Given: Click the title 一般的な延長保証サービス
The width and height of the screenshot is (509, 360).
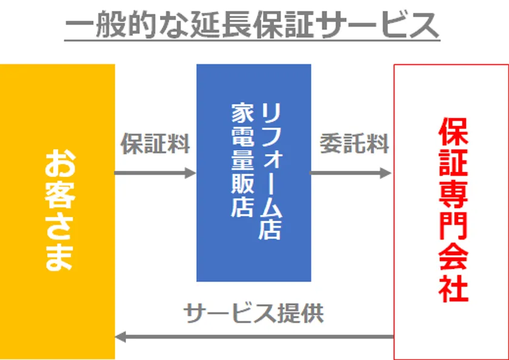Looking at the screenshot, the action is (x=252, y=25).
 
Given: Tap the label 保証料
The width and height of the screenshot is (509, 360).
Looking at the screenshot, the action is (x=155, y=144).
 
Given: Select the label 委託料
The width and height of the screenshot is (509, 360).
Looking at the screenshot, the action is (x=354, y=144).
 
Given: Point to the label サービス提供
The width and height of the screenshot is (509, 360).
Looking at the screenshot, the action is (x=253, y=313).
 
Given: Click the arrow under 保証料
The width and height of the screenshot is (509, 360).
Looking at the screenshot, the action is (x=155, y=173).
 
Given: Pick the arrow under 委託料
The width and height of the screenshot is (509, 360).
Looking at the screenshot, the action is (x=351, y=173).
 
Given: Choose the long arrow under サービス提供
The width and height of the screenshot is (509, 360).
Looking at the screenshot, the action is (x=254, y=337).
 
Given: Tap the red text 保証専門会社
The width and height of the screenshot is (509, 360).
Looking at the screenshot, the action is (x=453, y=210).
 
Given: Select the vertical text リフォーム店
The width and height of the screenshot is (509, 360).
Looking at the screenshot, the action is (x=270, y=172).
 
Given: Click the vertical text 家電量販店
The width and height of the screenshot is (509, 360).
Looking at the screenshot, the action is (x=242, y=160).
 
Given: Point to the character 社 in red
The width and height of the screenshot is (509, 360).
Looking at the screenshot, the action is (x=453, y=288).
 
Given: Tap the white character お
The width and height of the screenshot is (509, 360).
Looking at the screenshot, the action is (x=59, y=164).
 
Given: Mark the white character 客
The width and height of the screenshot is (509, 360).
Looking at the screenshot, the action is (x=59, y=195).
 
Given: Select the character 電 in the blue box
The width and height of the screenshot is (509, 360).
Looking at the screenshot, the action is (x=242, y=137).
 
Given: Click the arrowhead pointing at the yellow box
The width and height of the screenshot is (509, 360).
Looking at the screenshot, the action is (x=120, y=337).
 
